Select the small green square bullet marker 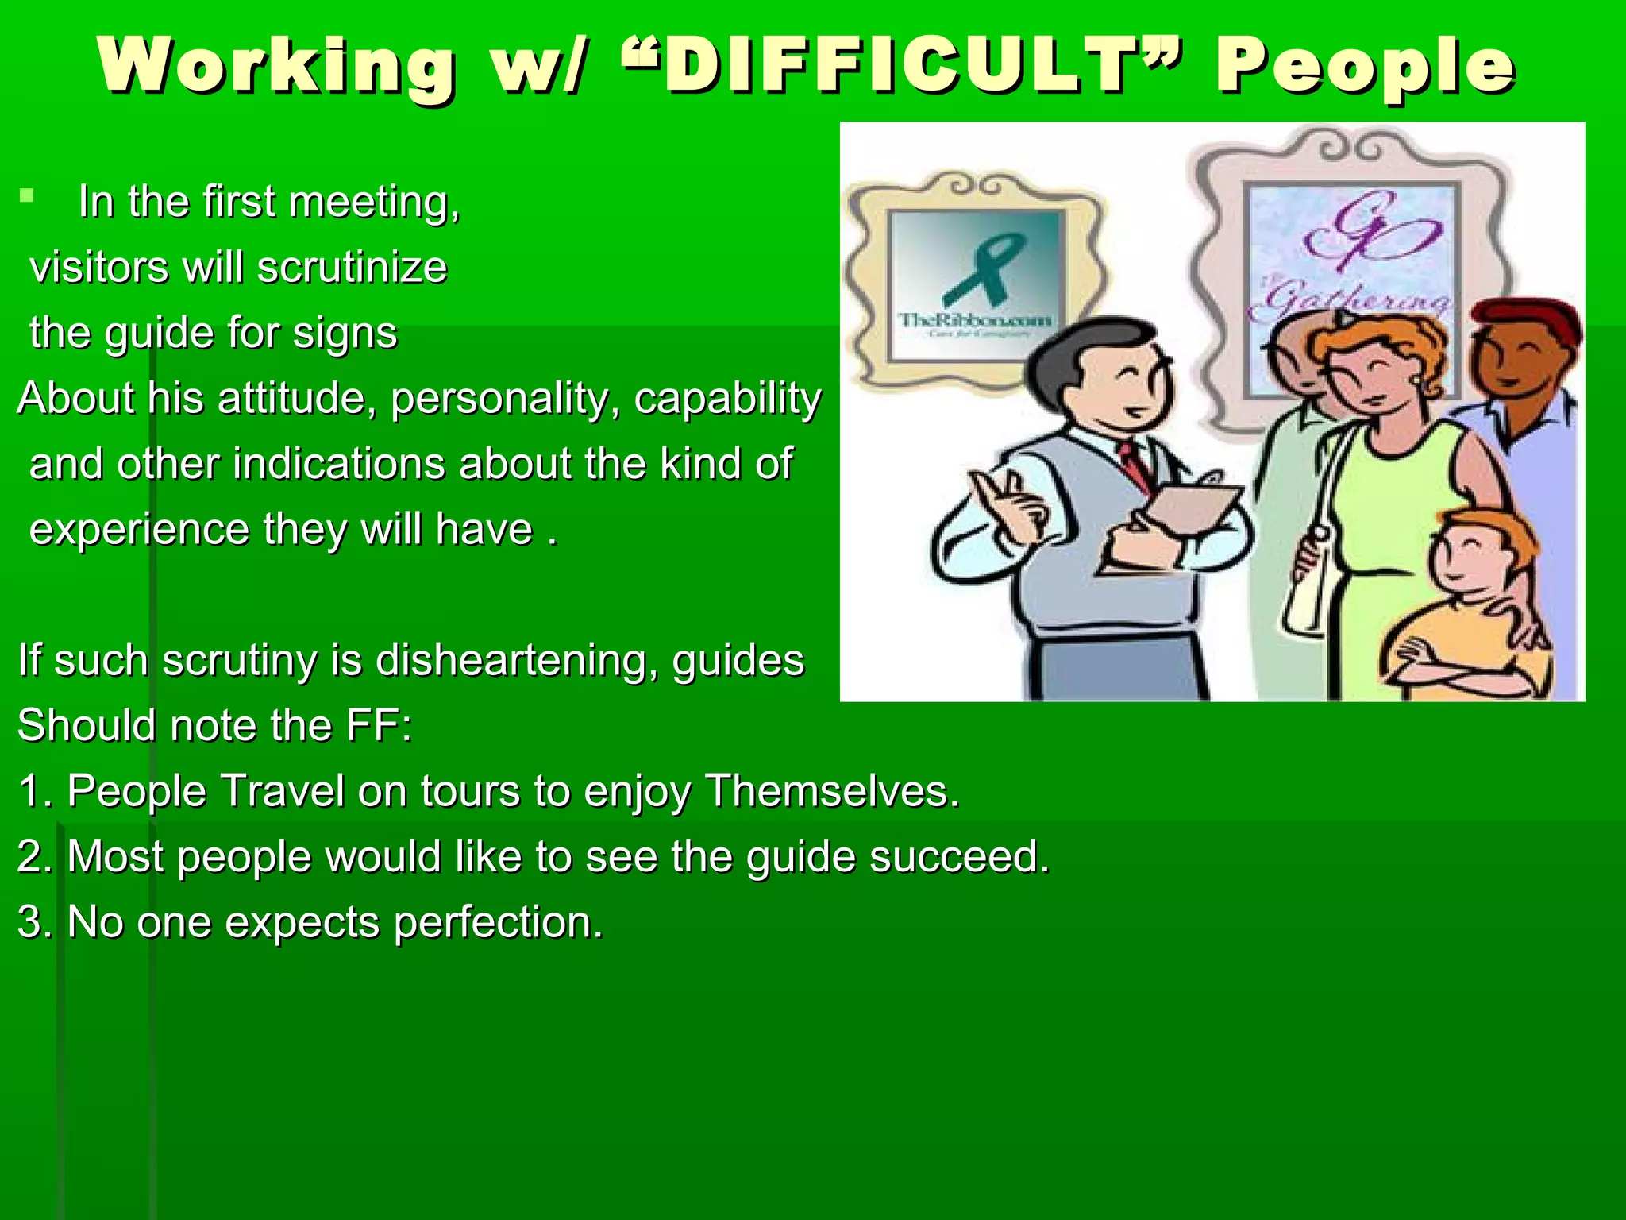tap(27, 195)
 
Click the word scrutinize tap(353, 267)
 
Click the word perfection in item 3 tap(498, 922)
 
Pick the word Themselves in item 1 tap(832, 791)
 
